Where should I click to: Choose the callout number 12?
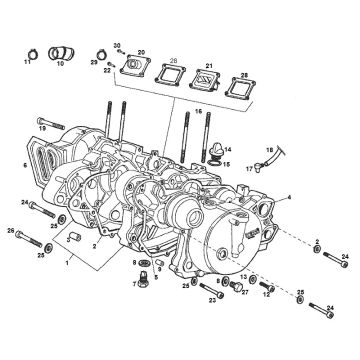click(267, 295)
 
